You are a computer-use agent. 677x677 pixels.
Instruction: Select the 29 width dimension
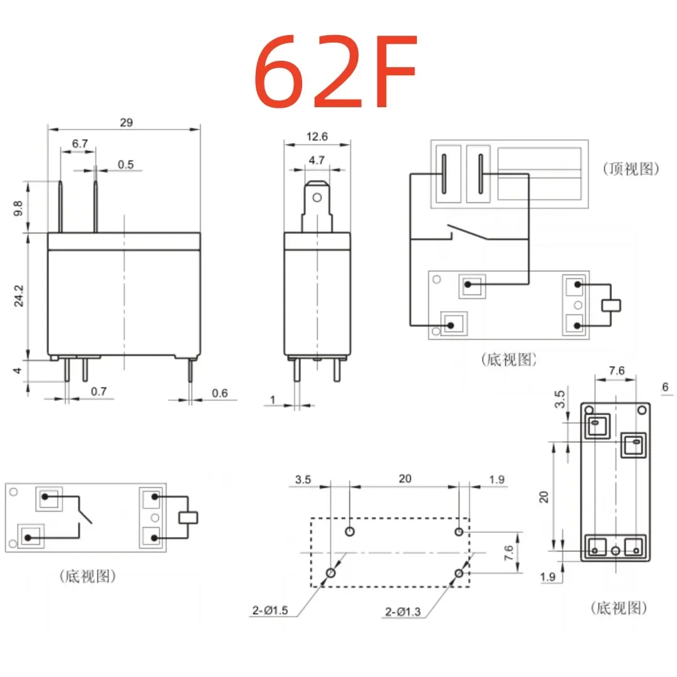[126, 123]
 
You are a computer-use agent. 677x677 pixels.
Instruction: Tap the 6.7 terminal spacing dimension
[80, 144]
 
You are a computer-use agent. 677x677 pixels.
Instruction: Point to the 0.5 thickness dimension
[126, 164]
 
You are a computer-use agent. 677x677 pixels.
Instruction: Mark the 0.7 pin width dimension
[99, 392]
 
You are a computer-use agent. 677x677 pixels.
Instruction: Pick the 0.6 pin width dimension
[219, 393]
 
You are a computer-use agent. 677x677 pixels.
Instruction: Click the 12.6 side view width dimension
[317, 137]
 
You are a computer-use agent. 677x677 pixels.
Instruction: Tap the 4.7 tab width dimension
[317, 160]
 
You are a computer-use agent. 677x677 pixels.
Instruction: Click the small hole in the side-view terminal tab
[317, 199]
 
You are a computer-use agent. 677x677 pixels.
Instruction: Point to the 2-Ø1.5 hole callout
[270, 609]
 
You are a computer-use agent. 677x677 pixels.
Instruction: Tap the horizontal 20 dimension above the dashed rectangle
[405, 479]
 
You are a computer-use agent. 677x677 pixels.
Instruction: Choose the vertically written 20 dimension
[544, 496]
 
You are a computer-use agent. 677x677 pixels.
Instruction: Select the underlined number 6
[665, 387]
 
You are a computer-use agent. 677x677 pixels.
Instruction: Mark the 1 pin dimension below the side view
[273, 400]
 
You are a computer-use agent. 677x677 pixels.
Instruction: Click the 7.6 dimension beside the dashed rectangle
[508, 552]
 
